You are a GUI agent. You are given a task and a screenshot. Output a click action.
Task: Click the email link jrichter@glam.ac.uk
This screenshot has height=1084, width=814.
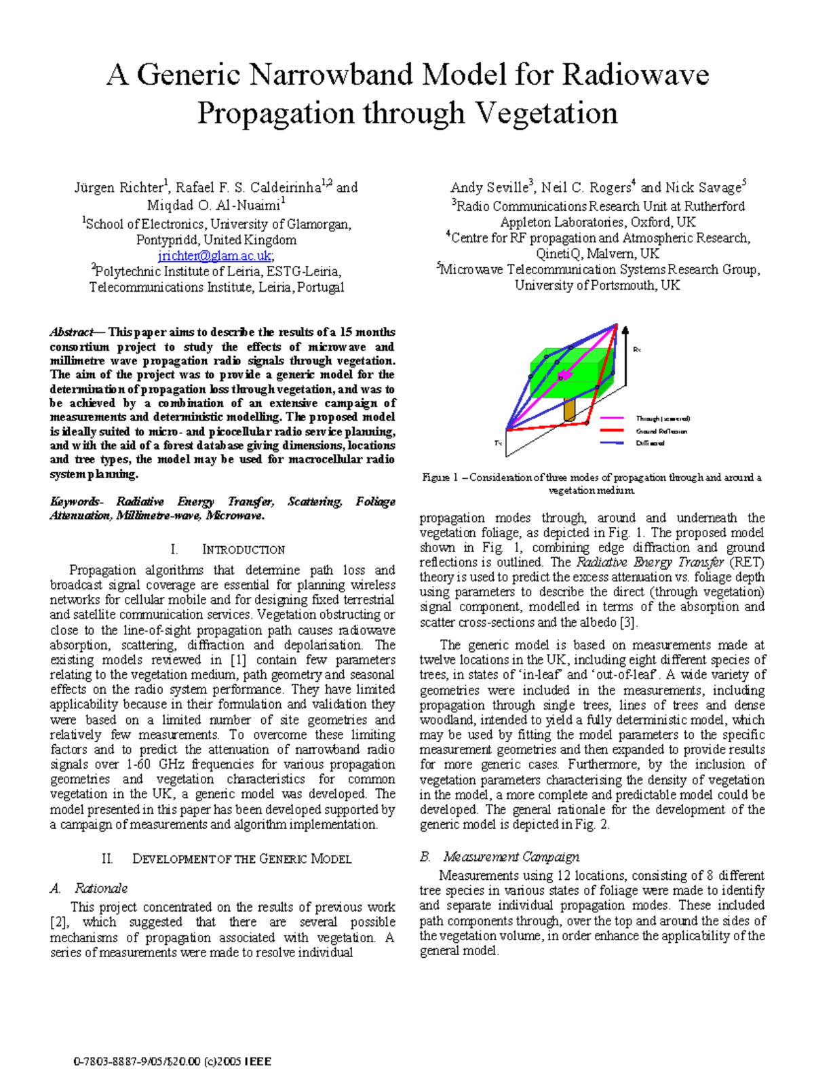point(214,256)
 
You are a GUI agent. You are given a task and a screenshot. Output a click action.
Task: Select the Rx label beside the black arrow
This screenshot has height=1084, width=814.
point(637,349)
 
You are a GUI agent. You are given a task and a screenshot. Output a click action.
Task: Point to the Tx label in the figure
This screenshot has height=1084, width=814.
point(498,443)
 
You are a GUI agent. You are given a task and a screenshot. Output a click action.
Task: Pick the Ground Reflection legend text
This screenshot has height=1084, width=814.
point(661,431)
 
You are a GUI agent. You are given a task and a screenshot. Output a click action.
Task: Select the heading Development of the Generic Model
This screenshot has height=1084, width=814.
point(241,859)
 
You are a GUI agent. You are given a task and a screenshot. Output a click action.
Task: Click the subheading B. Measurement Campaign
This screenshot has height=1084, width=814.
point(499,857)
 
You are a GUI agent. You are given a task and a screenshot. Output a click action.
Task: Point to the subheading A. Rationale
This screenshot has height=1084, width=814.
point(89,888)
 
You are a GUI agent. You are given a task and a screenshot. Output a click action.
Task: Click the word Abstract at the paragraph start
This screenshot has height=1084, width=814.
point(71,332)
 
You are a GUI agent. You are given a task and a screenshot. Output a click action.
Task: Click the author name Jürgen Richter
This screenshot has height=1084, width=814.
point(119,188)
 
